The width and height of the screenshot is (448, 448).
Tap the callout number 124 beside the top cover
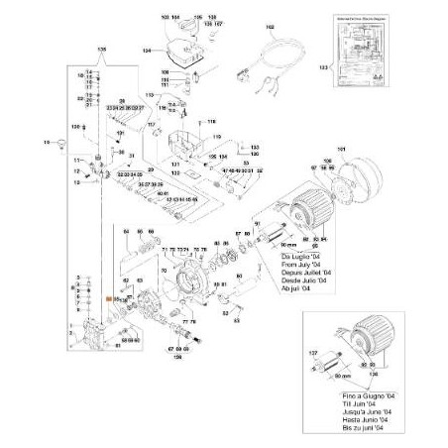147,49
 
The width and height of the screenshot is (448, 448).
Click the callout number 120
73,128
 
